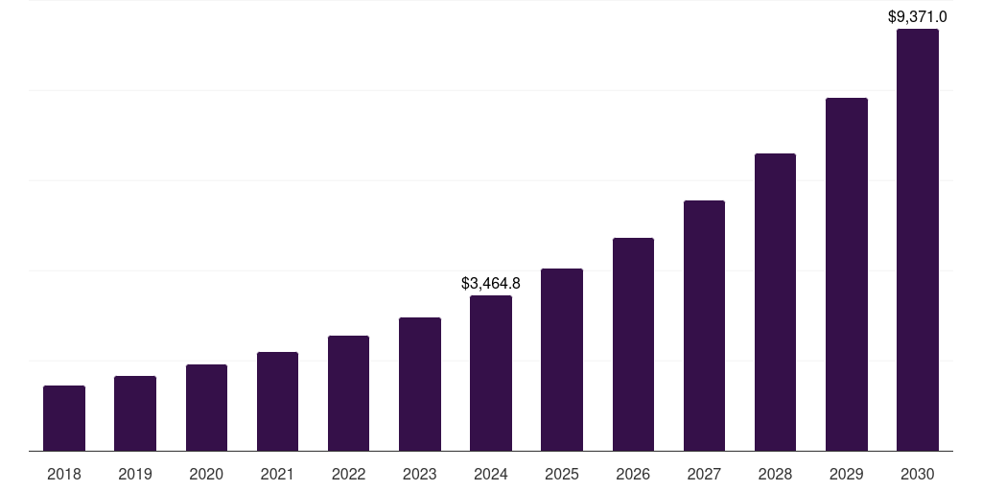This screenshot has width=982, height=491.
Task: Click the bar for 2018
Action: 64,418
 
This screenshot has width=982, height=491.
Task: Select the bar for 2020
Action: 206,408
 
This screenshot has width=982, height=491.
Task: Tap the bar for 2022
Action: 348,393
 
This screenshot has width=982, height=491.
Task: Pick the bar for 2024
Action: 491,373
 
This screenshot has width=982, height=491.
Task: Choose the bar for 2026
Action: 633,344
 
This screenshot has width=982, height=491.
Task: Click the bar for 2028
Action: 775,302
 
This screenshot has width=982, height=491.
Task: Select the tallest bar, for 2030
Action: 918,240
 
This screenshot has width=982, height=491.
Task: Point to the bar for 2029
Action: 847,274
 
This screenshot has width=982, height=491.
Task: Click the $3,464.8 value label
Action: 491,284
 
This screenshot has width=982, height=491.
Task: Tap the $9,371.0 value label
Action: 918,16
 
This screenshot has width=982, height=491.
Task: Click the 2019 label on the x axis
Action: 135,474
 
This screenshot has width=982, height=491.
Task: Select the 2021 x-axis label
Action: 277,474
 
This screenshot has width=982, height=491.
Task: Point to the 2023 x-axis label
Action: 420,474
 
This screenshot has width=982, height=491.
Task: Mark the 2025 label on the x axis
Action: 562,474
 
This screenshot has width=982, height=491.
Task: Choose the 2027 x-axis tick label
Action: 704,474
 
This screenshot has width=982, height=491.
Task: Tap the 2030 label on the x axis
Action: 918,474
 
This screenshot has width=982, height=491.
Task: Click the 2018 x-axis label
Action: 64,474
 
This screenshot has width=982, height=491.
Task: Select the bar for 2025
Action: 562,360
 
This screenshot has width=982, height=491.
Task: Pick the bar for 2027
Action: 704,325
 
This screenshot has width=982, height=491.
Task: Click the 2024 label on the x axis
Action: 491,474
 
